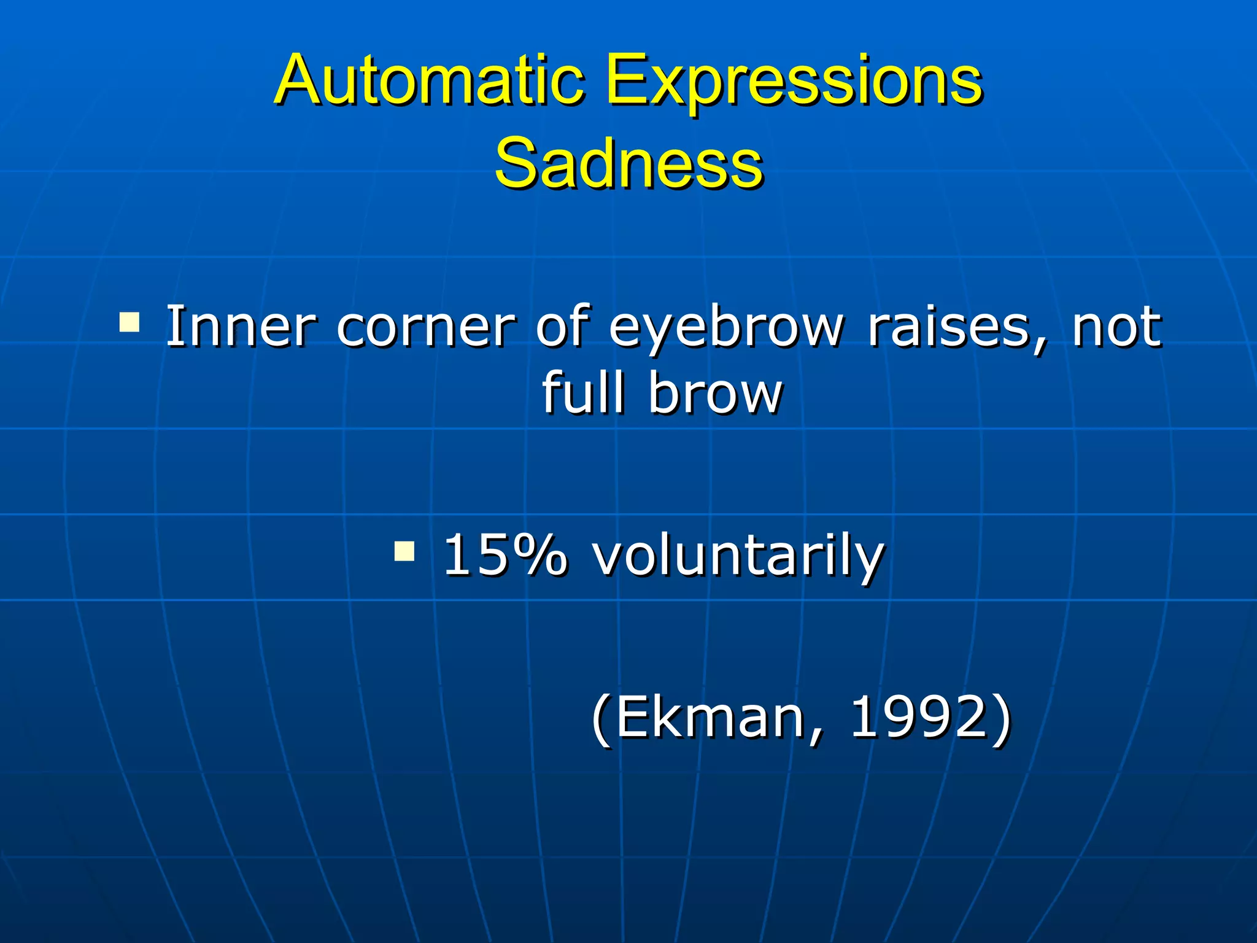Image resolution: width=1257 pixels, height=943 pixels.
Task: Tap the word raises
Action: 948,327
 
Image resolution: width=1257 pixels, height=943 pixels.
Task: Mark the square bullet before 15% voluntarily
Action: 404,551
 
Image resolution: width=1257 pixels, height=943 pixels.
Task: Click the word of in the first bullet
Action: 562,325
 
